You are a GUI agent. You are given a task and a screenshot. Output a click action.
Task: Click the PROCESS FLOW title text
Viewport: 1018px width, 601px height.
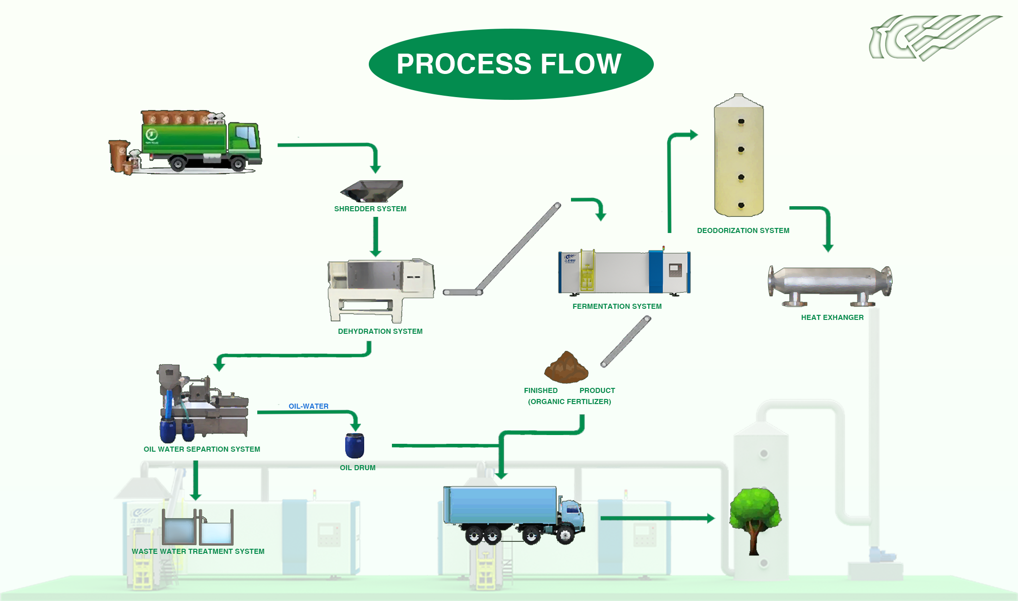509,64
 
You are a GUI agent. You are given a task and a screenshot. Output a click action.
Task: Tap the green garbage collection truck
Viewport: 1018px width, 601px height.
194,141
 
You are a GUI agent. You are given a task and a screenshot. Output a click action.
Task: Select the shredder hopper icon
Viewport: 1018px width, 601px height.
372,190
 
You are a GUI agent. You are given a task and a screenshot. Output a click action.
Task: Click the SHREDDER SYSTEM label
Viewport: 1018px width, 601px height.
370,209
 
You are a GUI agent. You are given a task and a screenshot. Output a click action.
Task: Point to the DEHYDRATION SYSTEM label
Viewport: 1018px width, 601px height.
380,331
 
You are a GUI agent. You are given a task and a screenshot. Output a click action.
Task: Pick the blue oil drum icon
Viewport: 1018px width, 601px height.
355,446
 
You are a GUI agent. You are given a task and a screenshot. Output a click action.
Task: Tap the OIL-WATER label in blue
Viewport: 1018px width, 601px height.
308,406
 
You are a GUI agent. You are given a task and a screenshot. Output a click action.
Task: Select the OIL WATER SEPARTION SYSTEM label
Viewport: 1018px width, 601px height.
202,449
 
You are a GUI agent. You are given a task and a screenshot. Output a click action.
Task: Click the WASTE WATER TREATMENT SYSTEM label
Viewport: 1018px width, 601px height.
198,552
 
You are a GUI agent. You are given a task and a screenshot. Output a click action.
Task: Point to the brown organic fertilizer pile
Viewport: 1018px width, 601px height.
566,368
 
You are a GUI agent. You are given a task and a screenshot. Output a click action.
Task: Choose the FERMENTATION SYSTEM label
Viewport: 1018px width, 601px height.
617,307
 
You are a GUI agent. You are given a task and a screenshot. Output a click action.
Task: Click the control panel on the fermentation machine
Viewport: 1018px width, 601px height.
675,270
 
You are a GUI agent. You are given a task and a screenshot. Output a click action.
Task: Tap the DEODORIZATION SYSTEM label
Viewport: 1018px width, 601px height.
743,231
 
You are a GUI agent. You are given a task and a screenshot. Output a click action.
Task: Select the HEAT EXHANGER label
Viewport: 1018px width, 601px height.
832,318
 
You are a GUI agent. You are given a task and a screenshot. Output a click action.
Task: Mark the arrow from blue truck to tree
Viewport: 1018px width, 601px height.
657,518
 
